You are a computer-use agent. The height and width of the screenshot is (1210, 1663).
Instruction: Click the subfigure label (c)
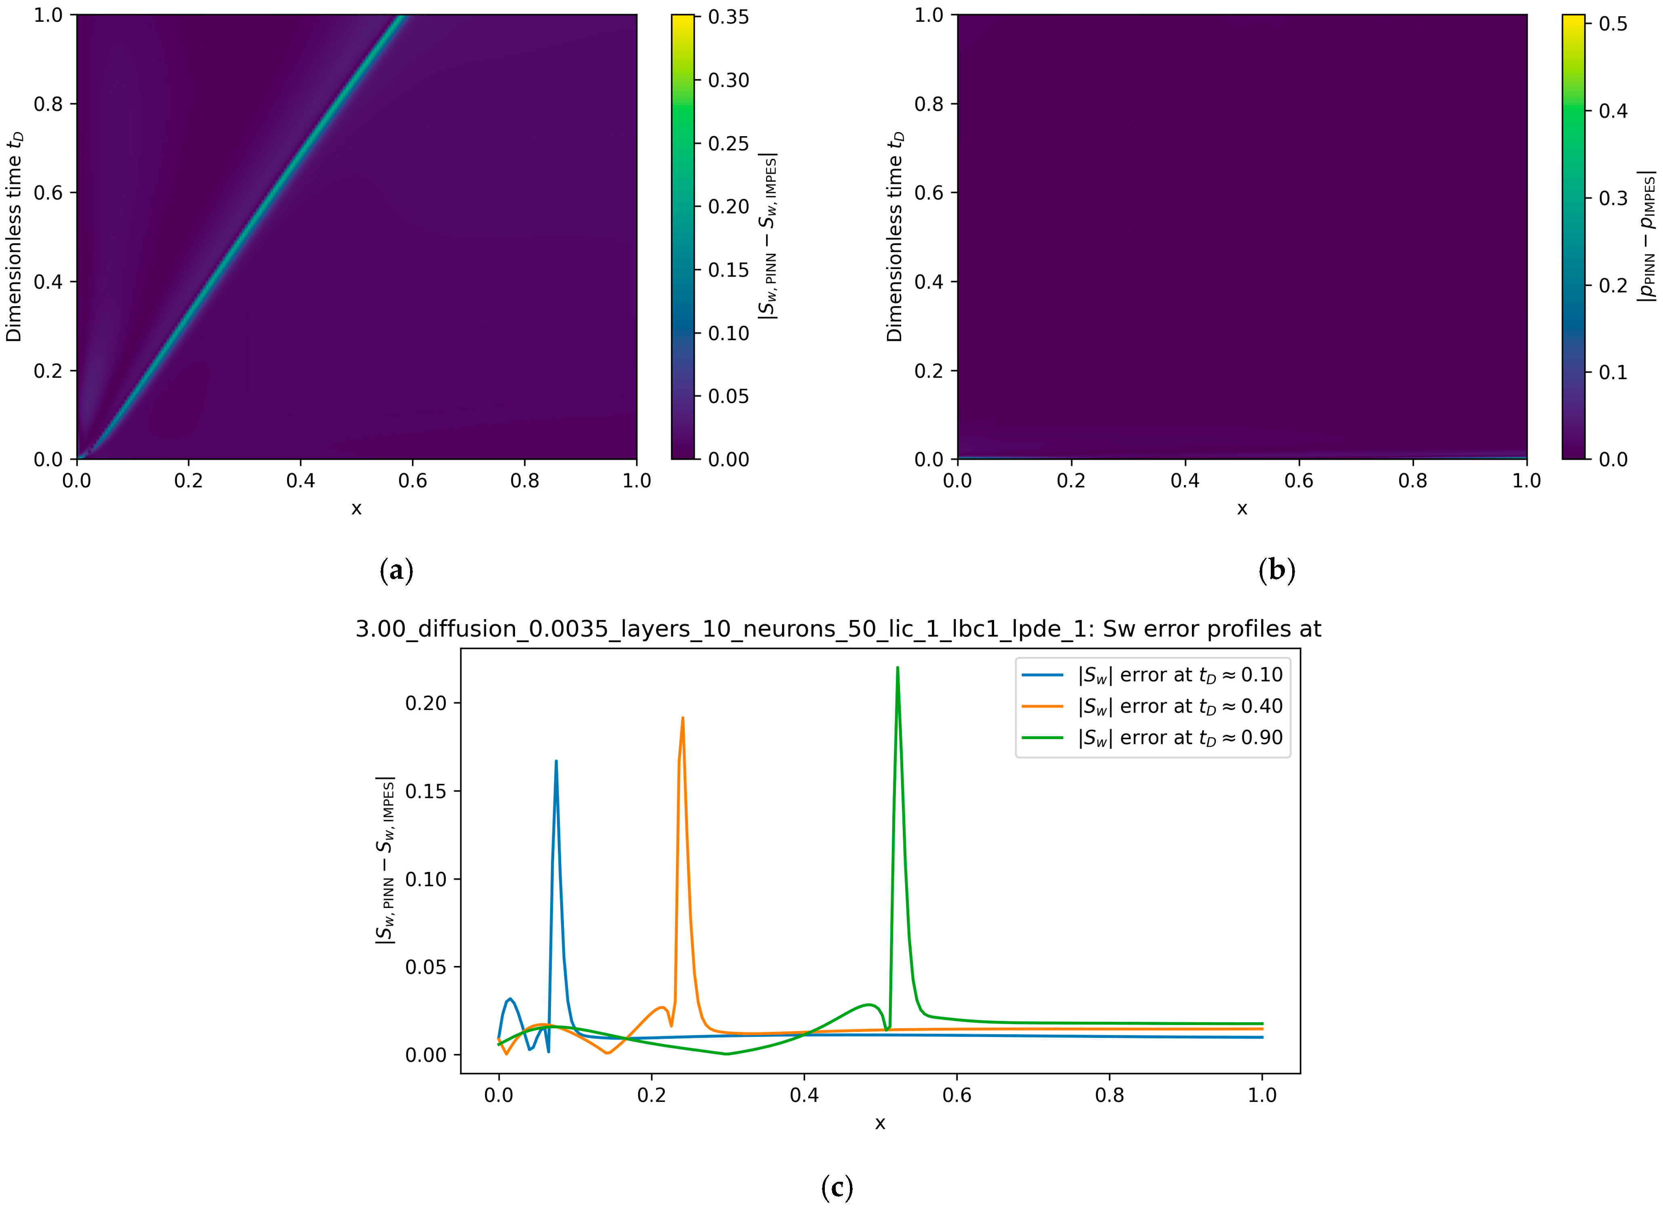pyautogui.click(x=837, y=1187)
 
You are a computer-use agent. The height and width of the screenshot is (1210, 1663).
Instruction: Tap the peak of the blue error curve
pyautogui.click(x=556, y=762)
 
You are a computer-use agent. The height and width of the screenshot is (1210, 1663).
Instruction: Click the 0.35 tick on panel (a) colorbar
pyautogui.click(x=728, y=17)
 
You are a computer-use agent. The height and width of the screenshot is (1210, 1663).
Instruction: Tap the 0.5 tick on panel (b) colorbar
pyautogui.click(x=1613, y=24)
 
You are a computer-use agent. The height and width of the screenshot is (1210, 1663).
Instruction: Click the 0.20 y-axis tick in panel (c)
pyautogui.click(x=426, y=703)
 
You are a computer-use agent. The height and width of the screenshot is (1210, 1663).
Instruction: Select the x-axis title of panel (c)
pyautogui.click(x=880, y=1123)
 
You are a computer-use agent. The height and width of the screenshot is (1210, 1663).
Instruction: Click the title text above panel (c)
pyautogui.click(x=838, y=629)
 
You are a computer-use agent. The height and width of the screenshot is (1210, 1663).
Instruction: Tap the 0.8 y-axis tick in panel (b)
pyautogui.click(x=928, y=104)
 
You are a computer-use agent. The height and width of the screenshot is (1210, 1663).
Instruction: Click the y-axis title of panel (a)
pyautogui.click(x=15, y=237)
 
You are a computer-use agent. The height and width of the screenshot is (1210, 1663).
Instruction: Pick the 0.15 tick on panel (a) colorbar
pyautogui.click(x=728, y=270)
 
